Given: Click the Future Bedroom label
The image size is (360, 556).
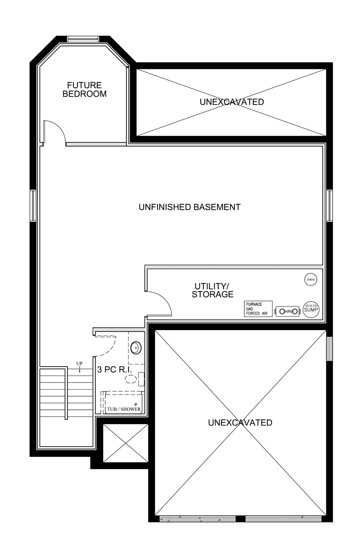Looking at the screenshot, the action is coord(85,90).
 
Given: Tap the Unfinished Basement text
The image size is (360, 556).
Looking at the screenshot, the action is coord(189,207).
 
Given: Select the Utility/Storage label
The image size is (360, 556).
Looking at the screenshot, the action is coord(212,290).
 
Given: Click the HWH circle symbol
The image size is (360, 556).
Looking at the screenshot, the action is coord(310,279).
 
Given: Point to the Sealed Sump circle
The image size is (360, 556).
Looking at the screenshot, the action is coord(311,309).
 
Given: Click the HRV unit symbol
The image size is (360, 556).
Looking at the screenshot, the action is coord(288,311).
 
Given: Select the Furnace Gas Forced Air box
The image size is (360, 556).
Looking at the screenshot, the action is coord(258,309).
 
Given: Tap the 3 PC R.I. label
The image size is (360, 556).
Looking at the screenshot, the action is coord(114,370).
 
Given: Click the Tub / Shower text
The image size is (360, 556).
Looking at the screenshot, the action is coord(124,409).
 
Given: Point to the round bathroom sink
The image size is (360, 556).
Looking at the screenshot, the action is coord(136,348).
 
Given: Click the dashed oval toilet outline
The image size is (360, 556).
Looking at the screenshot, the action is coord(131,379).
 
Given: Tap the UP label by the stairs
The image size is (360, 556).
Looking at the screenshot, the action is coord(79,363).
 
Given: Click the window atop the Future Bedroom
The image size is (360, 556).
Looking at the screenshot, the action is coord(83,39).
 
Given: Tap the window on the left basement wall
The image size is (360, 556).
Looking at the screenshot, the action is coord(33,205).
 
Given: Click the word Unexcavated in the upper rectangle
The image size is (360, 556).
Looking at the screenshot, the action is coord(232,102).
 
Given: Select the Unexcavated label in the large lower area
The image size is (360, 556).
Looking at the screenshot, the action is coord(240,423).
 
